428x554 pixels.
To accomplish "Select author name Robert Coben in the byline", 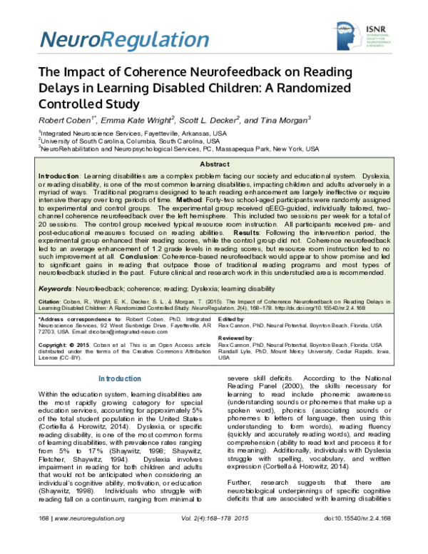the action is pos(65,119).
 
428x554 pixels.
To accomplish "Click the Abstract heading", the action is pos(214,164).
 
